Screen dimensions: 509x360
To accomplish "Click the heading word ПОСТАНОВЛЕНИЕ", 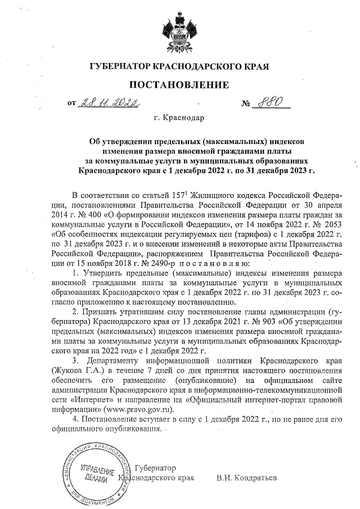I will click(180, 85).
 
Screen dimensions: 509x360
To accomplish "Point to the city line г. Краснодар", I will click(179, 119).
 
